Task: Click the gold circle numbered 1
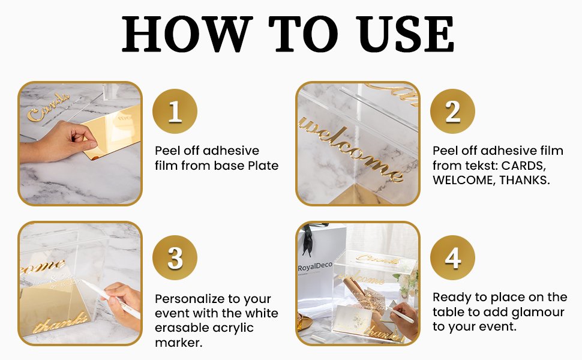click(x=175, y=112)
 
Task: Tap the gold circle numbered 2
click(x=452, y=112)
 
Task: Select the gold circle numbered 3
click(x=175, y=259)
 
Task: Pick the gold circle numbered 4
click(x=452, y=259)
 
